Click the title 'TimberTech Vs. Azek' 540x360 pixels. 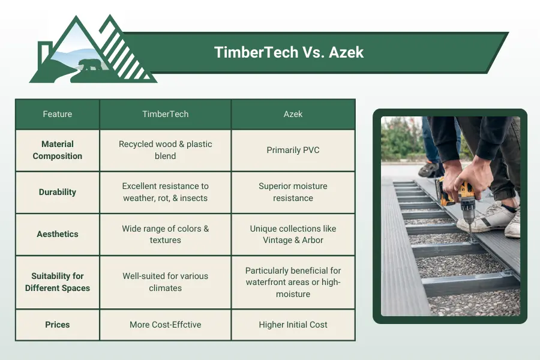pos(289,52)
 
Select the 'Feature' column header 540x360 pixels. pos(58,114)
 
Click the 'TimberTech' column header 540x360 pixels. pos(165,114)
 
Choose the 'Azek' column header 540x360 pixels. pos(293,114)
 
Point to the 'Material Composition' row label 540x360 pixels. pos(58,150)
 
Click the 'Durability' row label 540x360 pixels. pos(58,192)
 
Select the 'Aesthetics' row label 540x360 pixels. pos(58,234)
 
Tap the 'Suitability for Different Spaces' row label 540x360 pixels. pos(58,282)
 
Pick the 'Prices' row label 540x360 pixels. pos(58,325)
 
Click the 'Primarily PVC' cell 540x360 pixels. pos(293,150)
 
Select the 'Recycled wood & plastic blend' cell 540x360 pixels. pos(165,150)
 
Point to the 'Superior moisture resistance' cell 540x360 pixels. pos(293,192)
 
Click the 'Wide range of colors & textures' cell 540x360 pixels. pos(165,234)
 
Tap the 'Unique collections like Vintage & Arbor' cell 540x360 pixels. pos(293,234)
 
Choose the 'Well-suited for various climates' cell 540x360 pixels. pos(165,282)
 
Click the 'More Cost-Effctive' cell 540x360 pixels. pos(165,325)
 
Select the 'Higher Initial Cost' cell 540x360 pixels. pos(293,325)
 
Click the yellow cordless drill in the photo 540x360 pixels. pos(454,195)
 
